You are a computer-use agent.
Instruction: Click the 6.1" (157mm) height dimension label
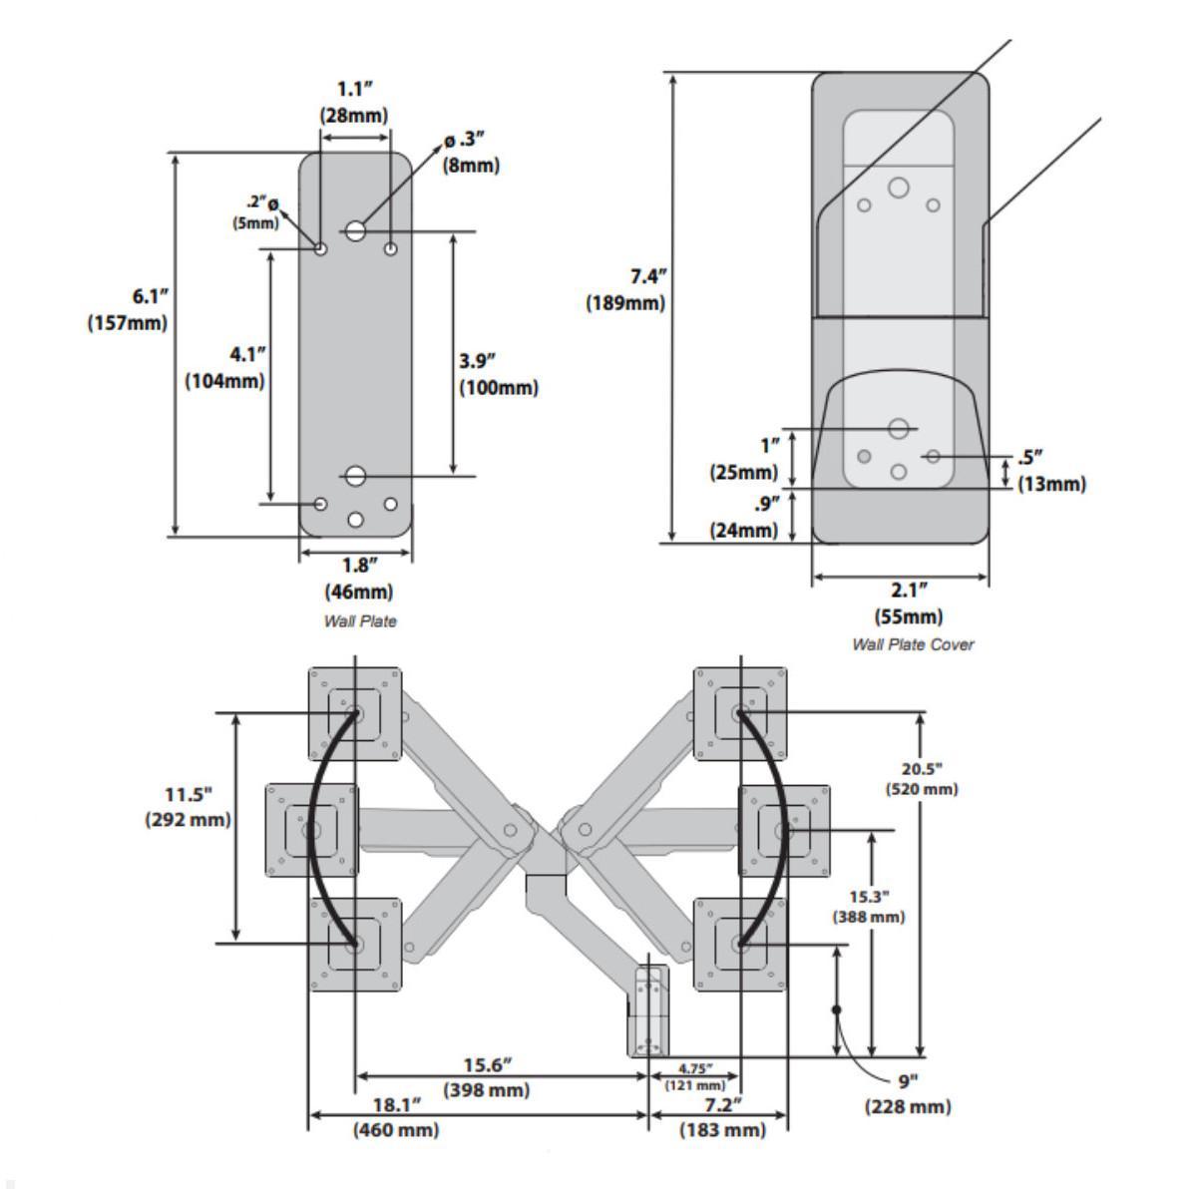coord(127,309)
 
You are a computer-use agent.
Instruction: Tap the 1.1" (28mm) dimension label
coord(354,101)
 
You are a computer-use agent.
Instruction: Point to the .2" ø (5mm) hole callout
coord(256,213)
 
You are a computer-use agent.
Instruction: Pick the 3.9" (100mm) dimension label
coord(498,373)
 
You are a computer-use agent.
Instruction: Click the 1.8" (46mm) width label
coord(357,579)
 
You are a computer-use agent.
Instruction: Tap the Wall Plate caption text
coord(359,620)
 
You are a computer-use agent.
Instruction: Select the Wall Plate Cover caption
coord(912,644)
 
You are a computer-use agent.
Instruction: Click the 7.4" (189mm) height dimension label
coord(625,290)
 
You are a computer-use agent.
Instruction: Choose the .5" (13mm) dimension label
coord(1051,470)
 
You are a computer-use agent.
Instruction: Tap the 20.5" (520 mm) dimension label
coord(922,778)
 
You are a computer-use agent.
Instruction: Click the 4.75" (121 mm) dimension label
coord(695,1076)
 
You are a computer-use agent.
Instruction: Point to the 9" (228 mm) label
coord(907,1095)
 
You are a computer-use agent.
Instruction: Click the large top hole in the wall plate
coord(356,230)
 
